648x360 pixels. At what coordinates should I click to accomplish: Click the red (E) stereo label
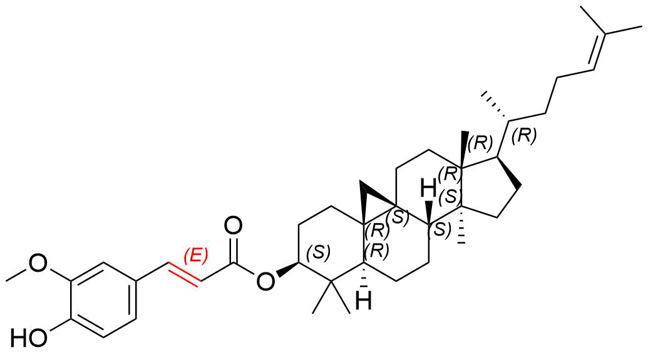195,256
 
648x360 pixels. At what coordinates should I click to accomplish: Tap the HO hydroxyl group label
29,337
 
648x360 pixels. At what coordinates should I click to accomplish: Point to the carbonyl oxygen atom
234,227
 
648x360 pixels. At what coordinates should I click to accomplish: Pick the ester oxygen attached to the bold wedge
265,282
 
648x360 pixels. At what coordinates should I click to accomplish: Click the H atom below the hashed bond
364,301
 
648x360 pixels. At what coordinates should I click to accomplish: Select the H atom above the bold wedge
428,190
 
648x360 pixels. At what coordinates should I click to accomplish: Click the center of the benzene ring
103,299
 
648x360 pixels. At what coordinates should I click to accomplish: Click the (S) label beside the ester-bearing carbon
319,252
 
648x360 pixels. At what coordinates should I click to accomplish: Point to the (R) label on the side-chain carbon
523,136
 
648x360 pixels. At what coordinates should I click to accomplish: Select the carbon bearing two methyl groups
332,282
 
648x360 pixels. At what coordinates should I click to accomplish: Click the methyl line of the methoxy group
18,275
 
